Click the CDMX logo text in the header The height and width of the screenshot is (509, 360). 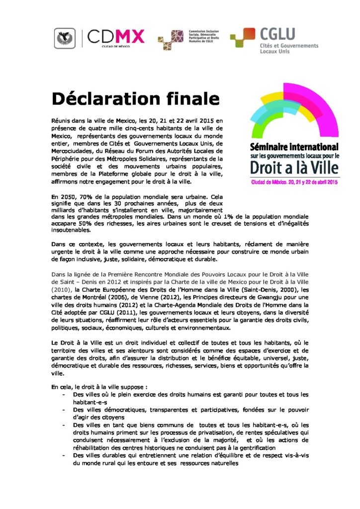pyautogui.click(x=116, y=36)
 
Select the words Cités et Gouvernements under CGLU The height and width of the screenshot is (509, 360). pyautogui.click(x=289, y=45)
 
